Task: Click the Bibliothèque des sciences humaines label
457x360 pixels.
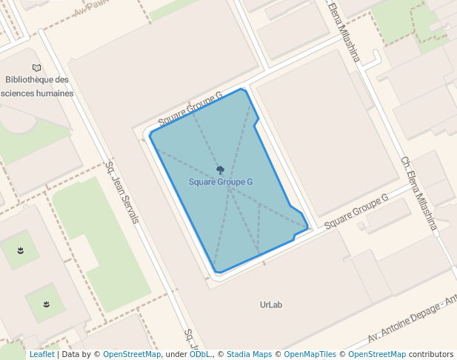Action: tap(37, 87)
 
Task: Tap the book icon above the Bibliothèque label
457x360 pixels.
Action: tap(37, 68)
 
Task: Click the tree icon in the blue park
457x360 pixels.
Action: tap(220, 170)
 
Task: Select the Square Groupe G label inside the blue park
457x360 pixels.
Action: tap(221, 181)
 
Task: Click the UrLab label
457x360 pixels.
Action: tap(272, 304)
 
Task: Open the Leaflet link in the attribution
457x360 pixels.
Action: tap(42, 354)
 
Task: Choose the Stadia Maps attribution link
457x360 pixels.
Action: tap(249, 354)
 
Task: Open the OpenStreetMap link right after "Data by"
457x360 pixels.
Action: tap(132, 354)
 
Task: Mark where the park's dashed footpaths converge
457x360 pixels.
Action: tap(230, 190)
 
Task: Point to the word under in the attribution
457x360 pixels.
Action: tap(176, 354)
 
